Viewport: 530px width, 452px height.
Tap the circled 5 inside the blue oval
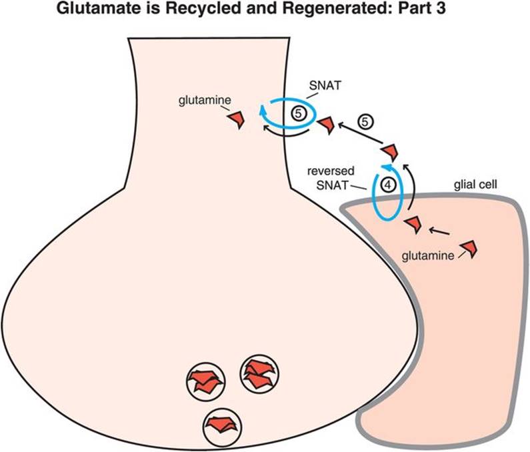point(298,114)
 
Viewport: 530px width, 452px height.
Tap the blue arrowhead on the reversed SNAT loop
point(385,167)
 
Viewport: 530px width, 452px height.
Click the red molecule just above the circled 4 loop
point(391,151)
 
